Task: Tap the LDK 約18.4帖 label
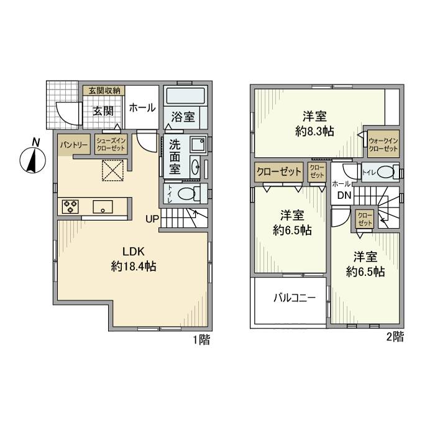point(133,259)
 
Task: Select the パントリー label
point(73,145)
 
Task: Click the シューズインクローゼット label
point(111,145)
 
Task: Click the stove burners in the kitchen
point(70,206)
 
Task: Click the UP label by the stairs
point(152,219)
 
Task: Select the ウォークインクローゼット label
point(383,145)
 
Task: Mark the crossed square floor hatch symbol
point(114,170)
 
